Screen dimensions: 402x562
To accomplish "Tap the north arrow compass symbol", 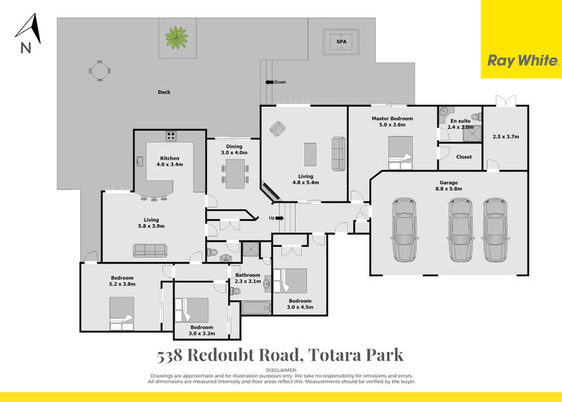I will click(27, 32).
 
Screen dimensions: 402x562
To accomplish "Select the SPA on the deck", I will click(341, 41).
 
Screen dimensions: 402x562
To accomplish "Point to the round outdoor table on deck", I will click(100, 70).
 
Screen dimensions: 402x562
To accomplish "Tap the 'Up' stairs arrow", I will click(275, 218).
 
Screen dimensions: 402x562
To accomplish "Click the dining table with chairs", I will click(234, 171).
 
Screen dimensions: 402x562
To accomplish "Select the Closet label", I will click(464, 157).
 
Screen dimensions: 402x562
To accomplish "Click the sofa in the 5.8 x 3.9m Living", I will click(150, 250).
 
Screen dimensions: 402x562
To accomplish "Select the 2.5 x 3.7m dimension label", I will click(505, 136).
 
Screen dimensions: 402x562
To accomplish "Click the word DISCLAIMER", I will click(281, 370).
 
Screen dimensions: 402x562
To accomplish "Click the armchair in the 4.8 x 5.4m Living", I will click(277, 129).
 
